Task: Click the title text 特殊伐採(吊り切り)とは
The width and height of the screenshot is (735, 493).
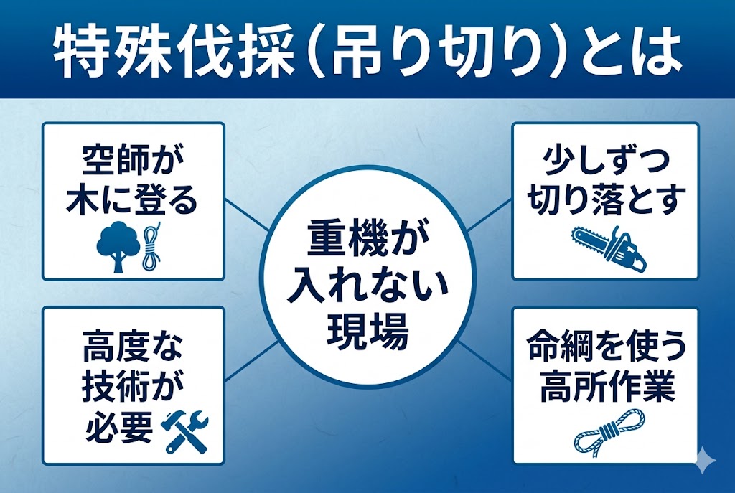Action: coord(367,52)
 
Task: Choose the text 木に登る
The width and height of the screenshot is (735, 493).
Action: coord(133,202)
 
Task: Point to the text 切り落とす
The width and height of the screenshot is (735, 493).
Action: coord(605,202)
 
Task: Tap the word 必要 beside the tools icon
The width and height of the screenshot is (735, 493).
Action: coord(119,428)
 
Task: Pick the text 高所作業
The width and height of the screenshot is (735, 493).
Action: coord(605,388)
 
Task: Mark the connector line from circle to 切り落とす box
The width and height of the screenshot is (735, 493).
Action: coord(489,218)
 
